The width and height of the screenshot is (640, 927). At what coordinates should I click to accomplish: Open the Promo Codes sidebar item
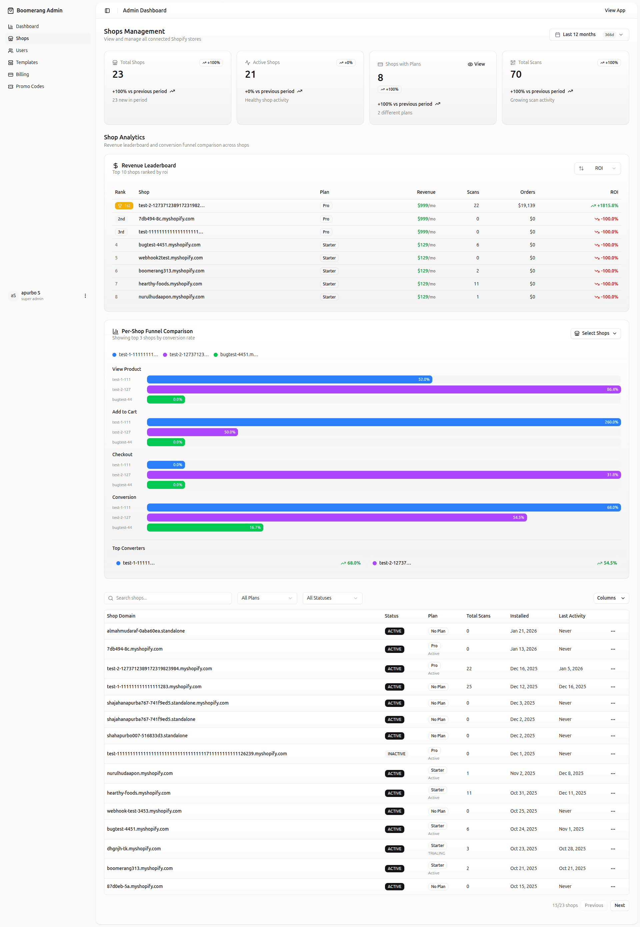tap(26, 86)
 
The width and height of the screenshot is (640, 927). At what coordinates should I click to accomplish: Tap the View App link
tap(615, 10)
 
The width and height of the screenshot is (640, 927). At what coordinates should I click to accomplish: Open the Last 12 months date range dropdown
tap(589, 34)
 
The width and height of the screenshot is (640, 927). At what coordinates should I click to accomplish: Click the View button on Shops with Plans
tap(476, 64)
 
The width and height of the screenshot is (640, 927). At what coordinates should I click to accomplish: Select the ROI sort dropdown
tap(597, 168)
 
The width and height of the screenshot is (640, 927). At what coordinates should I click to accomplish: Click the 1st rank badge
tap(124, 206)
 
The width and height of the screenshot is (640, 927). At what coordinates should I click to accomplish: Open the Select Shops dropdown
tap(595, 333)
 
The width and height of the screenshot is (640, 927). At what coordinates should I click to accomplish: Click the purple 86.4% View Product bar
tap(384, 389)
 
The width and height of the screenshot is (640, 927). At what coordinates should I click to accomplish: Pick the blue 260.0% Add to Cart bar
tap(384, 422)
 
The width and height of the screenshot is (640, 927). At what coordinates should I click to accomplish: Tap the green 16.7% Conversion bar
tap(205, 528)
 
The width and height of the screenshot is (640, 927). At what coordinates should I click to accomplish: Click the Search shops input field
tap(168, 598)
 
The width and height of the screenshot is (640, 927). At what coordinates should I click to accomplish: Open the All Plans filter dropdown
tap(267, 598)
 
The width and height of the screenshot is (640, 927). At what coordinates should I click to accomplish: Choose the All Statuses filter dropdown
tap(332, 598)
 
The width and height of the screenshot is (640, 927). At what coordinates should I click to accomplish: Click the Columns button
tap(611, 598)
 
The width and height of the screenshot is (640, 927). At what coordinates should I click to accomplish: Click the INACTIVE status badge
tap(396, 754)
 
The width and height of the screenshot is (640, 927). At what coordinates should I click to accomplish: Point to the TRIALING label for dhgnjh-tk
tap(436, 853)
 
